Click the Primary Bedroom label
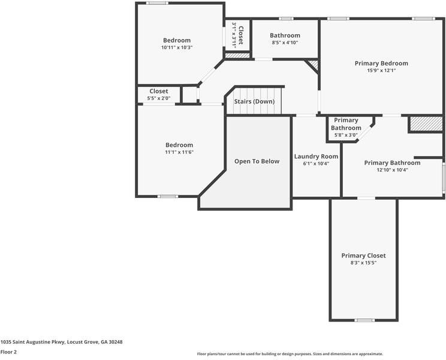click(x=381, y=63)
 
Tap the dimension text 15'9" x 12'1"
click(x=381, y=71)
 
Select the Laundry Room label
click(x=316, y=156)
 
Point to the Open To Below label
click(x=257, y=161)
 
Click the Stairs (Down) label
click(x=254, y=101)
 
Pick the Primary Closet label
click(x=363, y=255)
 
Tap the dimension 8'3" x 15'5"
click(x=363, y=263)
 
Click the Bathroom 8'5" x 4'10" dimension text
click(x=285, y=43)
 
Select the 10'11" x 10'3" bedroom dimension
click(x=177, y=47)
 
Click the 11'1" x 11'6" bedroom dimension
click(x=179, y=152)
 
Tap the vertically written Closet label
click(x=240, y=35)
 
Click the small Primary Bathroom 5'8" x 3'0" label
click(x=346, y=127)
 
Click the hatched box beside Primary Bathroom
click(x=426, y=124)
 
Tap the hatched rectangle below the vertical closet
click(x=237, y=55)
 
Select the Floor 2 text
click(x=8, y=352)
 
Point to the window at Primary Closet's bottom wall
click(x=364, y=320)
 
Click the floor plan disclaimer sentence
click(x=290, y=354)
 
